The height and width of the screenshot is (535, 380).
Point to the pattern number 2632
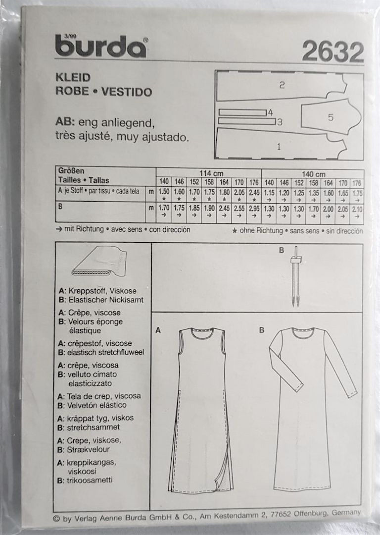(332, 52)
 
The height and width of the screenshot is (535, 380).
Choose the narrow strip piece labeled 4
(242, 112)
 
